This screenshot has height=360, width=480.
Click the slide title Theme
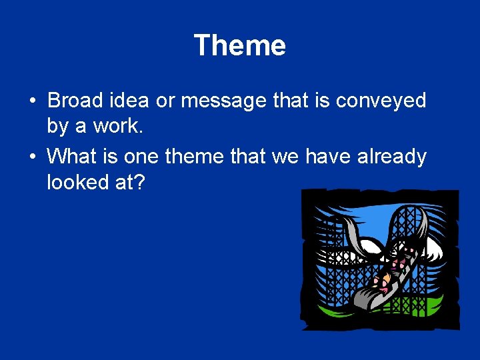pyautogui.click(x=239, y=46)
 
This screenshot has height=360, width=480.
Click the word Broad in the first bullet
pyautogui.click(x=75, y=101)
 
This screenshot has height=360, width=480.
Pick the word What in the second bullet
pyautogui.click(x=73, y=157)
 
